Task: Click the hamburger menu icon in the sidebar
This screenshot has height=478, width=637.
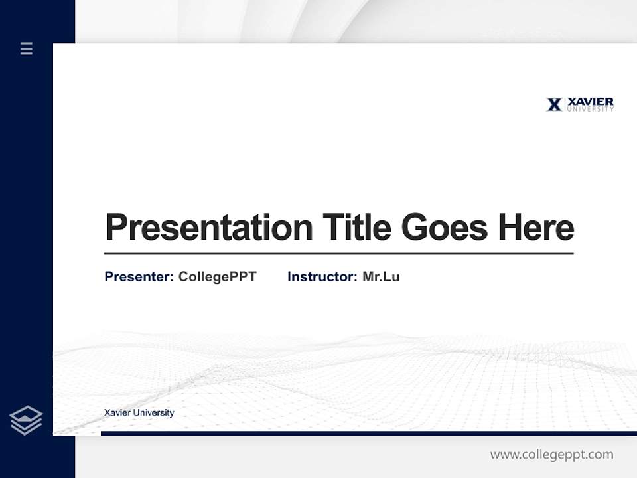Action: click(27, 48)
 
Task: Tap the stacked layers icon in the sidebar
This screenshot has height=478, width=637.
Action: click(26, 420)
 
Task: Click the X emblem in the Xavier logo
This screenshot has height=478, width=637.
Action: click(554, 104)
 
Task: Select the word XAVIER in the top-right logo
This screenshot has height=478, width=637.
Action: click(591, 102)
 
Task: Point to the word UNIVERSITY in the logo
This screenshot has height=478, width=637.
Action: click(591, 109)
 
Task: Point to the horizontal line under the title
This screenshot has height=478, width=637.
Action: click(338, 254)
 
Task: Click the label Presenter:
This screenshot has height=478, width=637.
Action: click(139, 277)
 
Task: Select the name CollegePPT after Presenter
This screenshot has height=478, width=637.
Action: click(217, 277)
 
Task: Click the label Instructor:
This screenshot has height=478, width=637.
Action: click(322, 277)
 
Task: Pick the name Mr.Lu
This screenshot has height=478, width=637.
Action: click(381, 277)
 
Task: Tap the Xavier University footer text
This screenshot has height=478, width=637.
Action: click(139, 413)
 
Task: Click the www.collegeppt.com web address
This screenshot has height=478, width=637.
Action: click(551, 455)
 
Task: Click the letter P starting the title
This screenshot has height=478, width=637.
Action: click(115, 228)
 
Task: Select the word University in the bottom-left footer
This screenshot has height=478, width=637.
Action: click(153, 413)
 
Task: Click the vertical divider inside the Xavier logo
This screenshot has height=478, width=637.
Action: click(565, 104)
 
